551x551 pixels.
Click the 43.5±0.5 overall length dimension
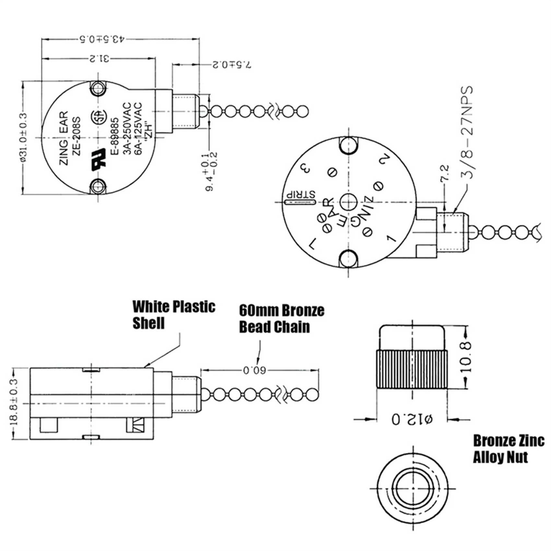tap(101, 39)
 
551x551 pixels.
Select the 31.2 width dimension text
tap(100, 59)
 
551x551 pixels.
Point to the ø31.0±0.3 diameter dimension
tap(22, 137)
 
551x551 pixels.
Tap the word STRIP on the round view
tap(300, 194)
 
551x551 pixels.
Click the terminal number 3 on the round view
tap(305, 168)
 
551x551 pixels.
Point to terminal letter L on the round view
tap(312, 244)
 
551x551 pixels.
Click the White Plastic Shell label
tap(173, 315)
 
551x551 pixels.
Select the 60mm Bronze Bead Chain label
tap(281, 318)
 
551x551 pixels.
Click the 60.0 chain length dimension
tap(254, 370)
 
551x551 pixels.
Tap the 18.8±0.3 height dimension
tap(14, 403)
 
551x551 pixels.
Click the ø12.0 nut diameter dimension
tap(412, 419)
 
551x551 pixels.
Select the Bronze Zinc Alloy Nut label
tap(508, 449)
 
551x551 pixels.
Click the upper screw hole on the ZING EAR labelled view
tap(98, 88)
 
